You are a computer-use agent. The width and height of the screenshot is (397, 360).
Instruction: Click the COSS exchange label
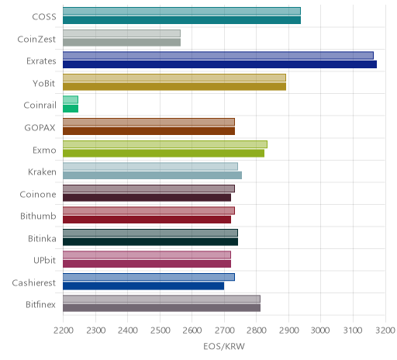coord(44,17)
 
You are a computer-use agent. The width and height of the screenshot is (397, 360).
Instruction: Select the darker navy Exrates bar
coord(219,64)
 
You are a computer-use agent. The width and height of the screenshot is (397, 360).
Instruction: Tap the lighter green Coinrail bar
coord(71,99)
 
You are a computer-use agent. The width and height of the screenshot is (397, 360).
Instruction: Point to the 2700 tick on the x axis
coord(224,331)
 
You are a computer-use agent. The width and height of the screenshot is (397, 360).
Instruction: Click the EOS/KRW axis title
coord(224,346)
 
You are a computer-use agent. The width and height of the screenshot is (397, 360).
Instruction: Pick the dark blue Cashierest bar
coord(143,286)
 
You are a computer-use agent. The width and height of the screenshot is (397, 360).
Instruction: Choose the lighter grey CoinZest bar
coord(122,33)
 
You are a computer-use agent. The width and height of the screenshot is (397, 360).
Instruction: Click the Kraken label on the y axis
coord(42,172)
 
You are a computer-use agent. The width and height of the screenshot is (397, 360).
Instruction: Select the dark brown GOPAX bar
coord(149,131)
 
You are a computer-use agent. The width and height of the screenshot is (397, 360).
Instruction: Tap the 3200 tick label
coord(385,331)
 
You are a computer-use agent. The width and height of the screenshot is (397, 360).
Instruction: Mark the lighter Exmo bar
coord(165,144)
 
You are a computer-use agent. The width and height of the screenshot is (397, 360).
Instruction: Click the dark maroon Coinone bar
coord(147,198)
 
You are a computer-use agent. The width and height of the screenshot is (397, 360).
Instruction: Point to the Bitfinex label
coord(40,305)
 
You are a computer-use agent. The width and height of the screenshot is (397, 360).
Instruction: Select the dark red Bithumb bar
coord(147,220)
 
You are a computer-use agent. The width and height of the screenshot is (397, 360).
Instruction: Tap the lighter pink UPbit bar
coord(147,255)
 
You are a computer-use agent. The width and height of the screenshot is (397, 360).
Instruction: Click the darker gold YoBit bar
coord(174,87)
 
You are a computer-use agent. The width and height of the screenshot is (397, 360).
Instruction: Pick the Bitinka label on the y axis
coord(42,238)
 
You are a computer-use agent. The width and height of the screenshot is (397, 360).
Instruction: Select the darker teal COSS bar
coord(181,20)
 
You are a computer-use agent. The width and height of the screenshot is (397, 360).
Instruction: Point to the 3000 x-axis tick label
coord(320,331)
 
